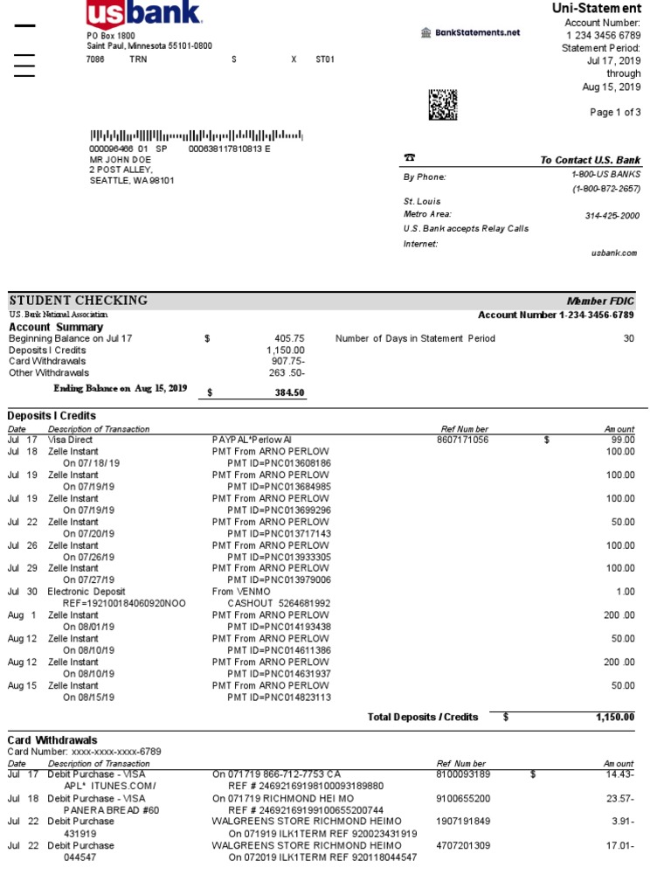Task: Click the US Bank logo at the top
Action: [144, 13]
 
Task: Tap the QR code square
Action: [443, 104]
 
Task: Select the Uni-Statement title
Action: [596, 8]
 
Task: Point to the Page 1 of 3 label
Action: [615, 112]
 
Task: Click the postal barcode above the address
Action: [197, 135]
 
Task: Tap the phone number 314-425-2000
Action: [612, 215]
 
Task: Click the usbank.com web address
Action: [614, 253]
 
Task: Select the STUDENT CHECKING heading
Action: [79, 301]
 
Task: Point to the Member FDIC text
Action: [602, 301]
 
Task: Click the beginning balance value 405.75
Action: [289, 338]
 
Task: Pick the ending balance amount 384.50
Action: [289, 392]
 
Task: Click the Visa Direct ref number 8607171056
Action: [462, 440]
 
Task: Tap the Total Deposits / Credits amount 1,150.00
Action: [614, 717]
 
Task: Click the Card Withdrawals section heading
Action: [52, 740]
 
